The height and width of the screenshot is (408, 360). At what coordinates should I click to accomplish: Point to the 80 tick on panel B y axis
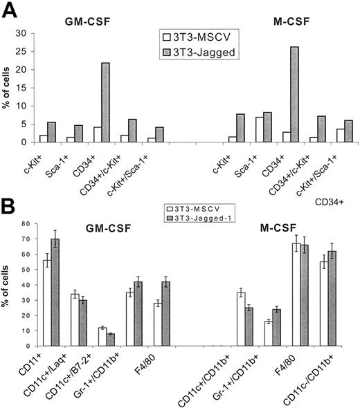(28, 223)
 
